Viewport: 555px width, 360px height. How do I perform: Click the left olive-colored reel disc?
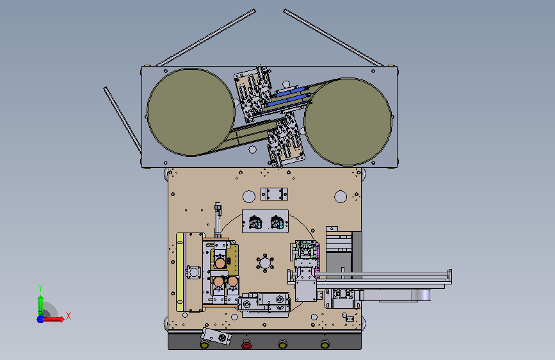pos(191,112)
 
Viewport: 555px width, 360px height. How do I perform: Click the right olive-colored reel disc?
pos(348,122)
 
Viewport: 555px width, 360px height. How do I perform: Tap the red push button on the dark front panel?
pos(246,344)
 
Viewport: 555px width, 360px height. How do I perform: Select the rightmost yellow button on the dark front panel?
pos(325,343)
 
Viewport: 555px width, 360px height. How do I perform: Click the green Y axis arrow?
pos(40,304)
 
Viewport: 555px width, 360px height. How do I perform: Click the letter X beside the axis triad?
pos(68,316)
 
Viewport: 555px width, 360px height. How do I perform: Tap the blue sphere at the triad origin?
pos(41,319)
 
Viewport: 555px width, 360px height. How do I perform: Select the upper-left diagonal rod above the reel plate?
pos(205,38)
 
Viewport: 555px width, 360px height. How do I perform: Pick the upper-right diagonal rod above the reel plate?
pos(333,38)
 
